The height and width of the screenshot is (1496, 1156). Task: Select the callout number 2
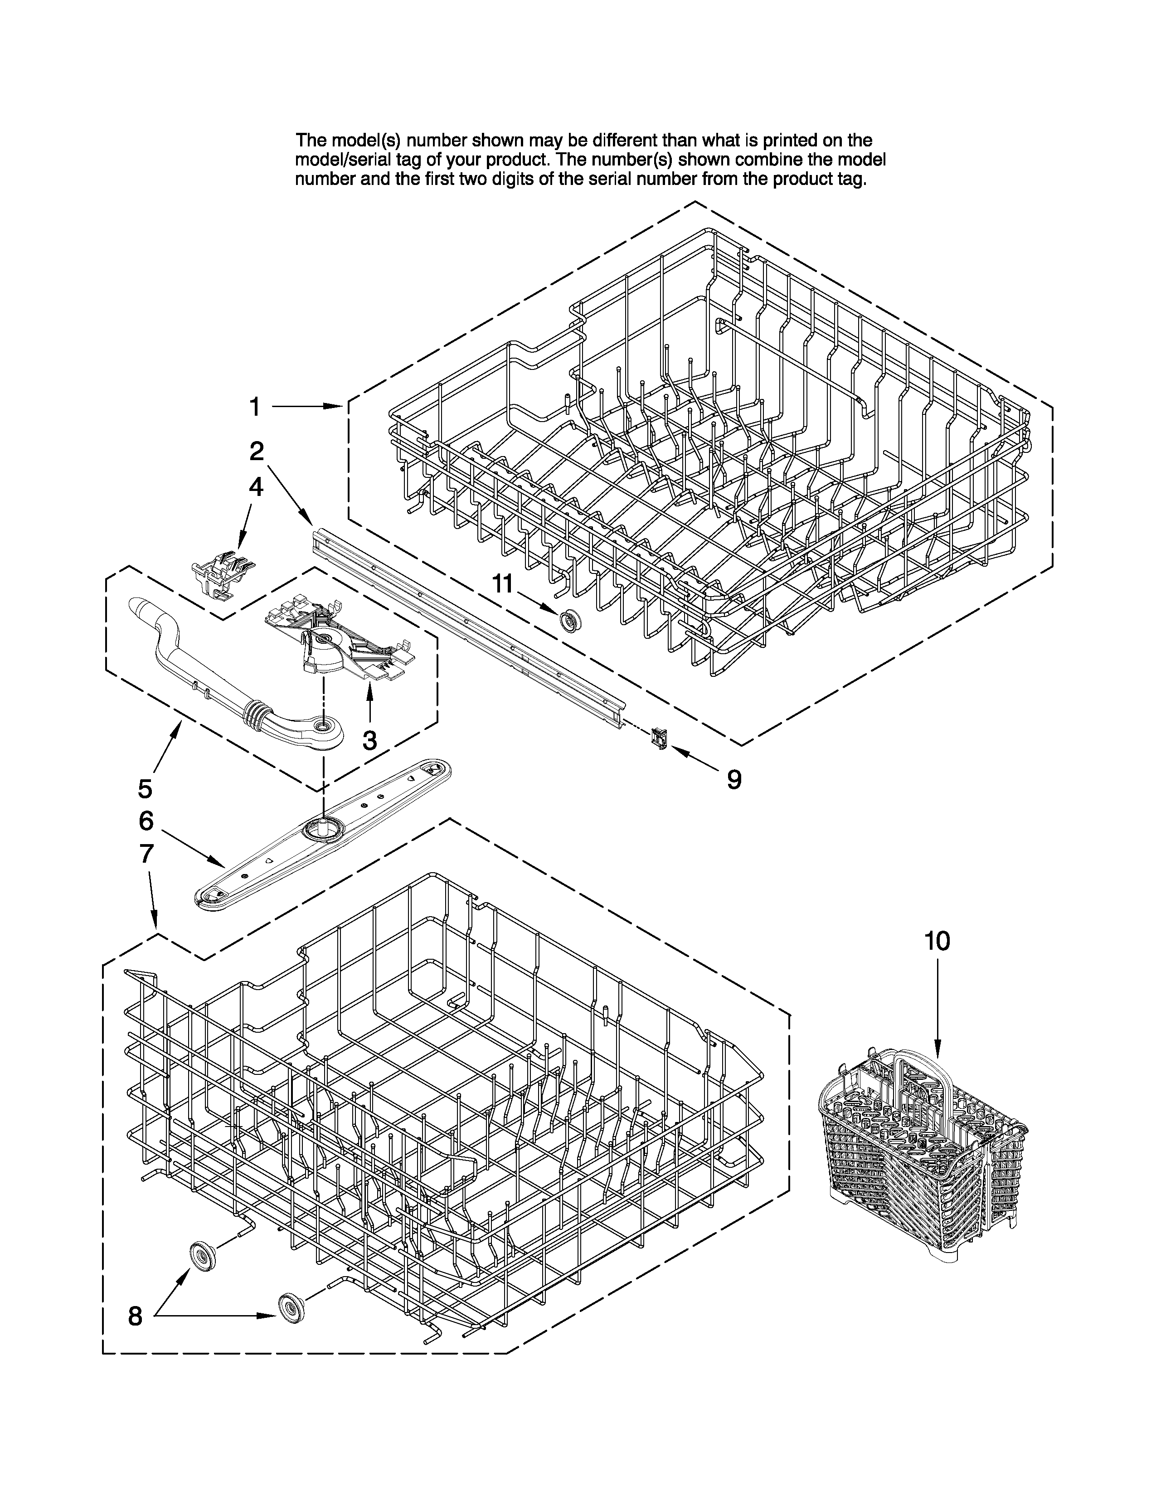[x=256, y=451]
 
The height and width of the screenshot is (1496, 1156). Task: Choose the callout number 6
[x=146, y=821]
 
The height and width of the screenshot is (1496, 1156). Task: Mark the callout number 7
[x=146, y=854]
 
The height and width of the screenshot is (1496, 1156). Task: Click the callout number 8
[x=136, y=1316]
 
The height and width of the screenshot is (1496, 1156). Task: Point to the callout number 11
[x=503, y=583]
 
